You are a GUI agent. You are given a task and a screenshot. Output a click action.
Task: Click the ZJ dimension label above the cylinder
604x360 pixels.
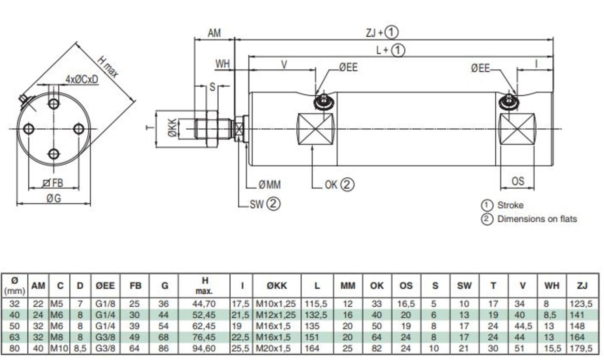[370, 32]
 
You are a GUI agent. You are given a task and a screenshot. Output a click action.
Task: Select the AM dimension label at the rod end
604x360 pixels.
[214, 33]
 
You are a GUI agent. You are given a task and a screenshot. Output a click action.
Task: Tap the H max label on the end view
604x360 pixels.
[108, 66]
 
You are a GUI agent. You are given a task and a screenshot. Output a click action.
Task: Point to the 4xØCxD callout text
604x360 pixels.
[82, 79]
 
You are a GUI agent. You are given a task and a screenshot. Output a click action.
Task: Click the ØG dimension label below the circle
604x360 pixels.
[53, 198]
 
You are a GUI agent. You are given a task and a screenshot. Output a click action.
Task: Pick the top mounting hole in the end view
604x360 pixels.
[54, 104]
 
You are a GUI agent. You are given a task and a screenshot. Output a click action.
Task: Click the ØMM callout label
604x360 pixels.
[269, 185]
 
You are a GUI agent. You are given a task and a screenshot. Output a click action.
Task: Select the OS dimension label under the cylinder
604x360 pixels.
[517, 181]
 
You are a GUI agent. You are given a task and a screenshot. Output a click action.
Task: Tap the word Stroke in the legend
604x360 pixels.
[510, 205]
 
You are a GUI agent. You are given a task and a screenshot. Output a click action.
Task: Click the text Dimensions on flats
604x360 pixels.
[537, 219]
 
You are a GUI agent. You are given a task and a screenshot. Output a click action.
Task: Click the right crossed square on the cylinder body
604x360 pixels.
[517, 129]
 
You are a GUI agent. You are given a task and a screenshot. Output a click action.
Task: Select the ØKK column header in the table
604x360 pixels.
[277, 286]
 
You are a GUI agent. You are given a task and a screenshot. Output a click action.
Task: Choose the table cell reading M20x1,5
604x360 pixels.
[273, 348]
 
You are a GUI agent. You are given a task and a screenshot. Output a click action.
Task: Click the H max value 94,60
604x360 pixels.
[204, 348]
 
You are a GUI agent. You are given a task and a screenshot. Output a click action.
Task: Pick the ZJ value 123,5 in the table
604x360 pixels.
[581, 304]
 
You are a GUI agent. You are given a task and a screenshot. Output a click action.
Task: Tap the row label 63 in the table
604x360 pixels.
[14, 337]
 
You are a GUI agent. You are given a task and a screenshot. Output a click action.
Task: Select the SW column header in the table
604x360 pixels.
[464, 286]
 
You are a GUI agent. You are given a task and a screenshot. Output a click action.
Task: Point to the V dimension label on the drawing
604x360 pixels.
[284, 64]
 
